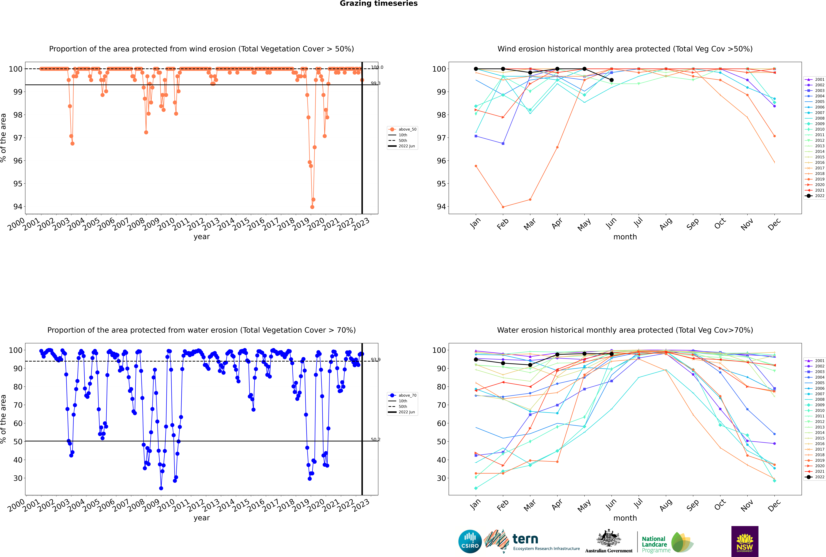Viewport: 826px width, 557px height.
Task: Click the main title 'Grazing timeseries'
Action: (379, 4)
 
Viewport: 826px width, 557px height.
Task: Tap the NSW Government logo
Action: (745, 541)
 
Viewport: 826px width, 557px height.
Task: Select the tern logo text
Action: (525, 539)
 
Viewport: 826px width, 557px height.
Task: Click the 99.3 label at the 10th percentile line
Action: (375, 83)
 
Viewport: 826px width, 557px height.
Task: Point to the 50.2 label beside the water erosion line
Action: (375, 440)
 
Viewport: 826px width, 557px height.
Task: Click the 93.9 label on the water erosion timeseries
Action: (375, 360)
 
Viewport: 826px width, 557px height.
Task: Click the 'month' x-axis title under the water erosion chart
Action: (625, 518)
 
